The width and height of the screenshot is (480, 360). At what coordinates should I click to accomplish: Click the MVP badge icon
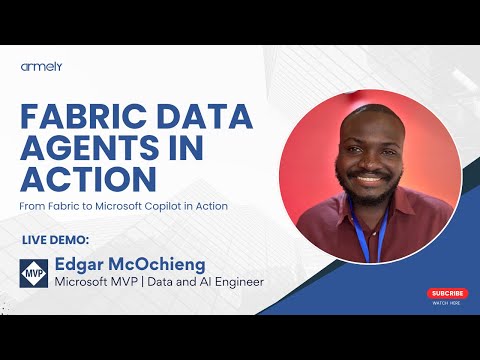coord(33,271)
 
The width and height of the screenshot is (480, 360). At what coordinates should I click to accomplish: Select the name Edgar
coord(81,265)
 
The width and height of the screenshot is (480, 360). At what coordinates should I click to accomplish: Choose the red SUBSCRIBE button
coord(447,293)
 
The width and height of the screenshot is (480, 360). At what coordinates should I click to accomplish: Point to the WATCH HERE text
coord(447,303)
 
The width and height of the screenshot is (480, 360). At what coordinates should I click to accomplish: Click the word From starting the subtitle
coord(29,206)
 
